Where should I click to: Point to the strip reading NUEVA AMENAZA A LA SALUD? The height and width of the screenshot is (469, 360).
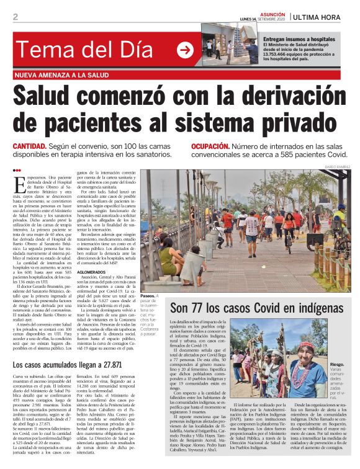pos(65,75)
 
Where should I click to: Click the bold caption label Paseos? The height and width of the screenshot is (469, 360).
pos(148,297)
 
